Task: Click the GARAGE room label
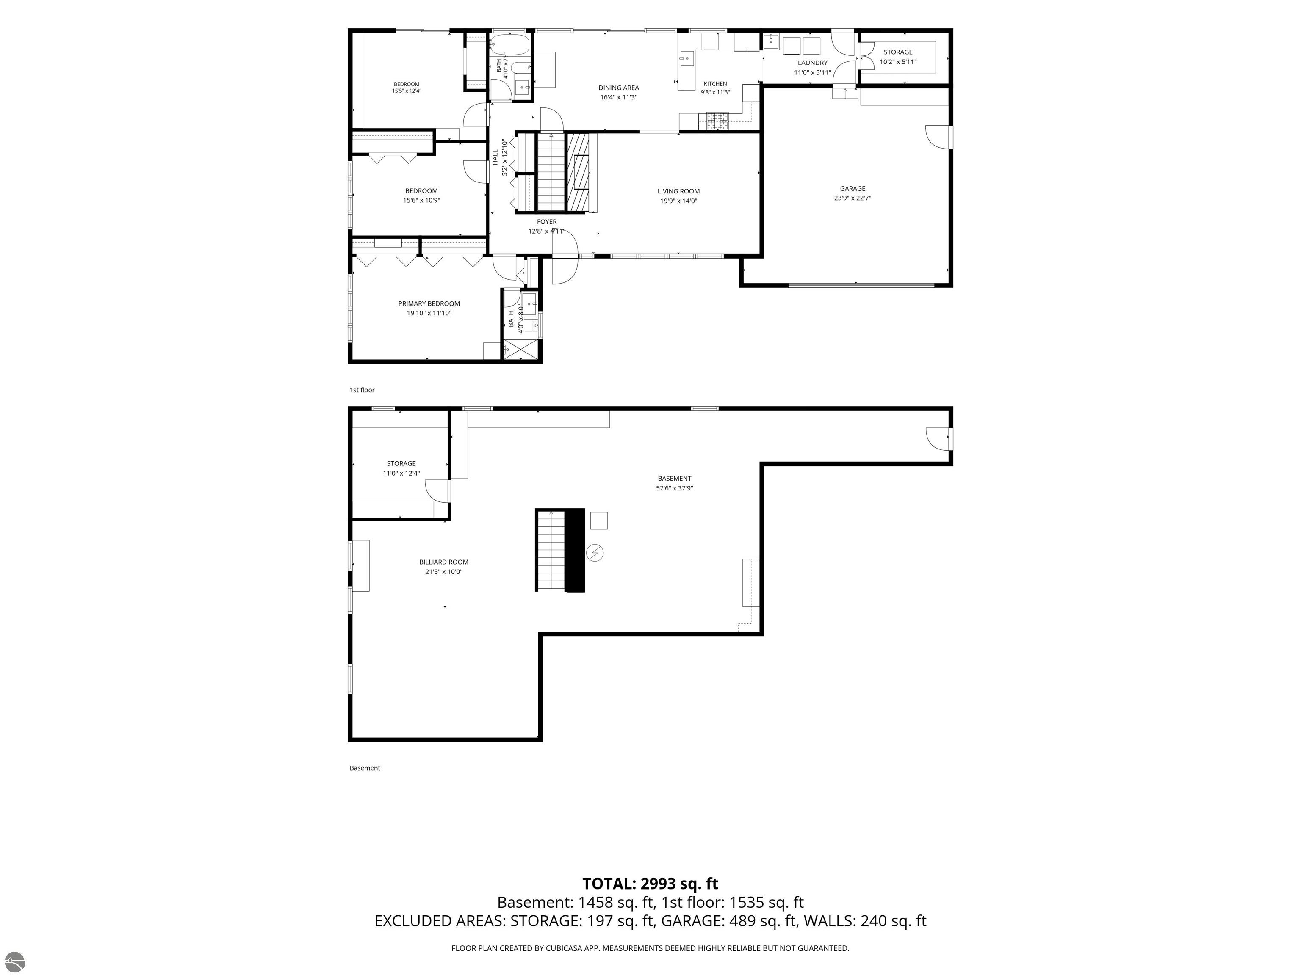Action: coord(852,189)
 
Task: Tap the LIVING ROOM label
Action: coord(678,191)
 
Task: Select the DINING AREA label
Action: coord(619,88)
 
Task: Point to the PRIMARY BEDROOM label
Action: coord(429,304)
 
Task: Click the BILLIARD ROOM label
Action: coord(443,562)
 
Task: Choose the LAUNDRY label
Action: coord(812,63)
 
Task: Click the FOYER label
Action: coord(546,222)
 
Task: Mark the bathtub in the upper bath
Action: coord(509,44)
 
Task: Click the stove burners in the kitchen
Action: coord(717,121)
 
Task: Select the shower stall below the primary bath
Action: coord(520,349)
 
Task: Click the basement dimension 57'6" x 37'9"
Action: coord(674,488)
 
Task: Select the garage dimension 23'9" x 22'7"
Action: coord(852,198)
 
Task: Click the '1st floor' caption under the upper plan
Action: coord(362,390)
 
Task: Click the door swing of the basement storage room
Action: coord(437,491)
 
